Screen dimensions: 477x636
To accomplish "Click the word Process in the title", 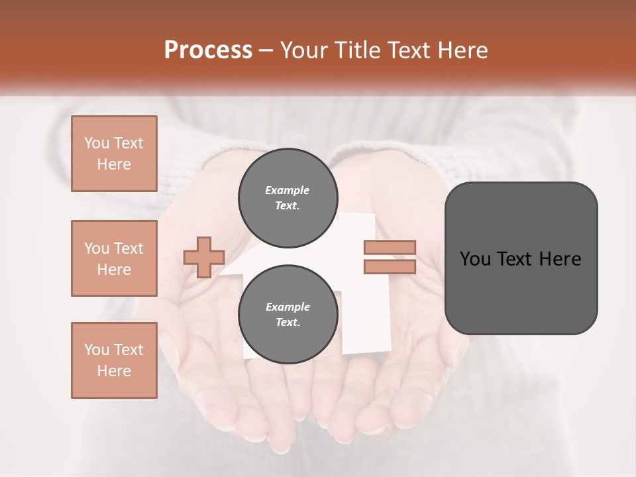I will [208, 50].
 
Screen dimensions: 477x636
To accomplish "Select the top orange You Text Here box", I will [114, 154].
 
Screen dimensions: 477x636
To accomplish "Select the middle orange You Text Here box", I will [114, 258].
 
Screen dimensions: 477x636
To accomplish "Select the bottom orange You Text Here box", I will [114, 360].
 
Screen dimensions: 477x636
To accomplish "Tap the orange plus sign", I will [204, 257].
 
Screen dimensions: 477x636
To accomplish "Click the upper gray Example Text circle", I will [288, 198].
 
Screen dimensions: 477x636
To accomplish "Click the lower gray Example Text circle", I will [288, 315].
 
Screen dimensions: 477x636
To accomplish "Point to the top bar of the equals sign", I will [390, 248].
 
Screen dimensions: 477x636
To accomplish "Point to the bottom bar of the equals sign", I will [390, 266].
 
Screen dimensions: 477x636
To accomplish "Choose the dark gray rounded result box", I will [521, 291].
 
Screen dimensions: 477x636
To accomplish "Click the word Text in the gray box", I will [515, 259].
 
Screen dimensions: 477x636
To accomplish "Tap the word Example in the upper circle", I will [288, 191].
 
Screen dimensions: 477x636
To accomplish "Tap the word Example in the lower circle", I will [288, 307].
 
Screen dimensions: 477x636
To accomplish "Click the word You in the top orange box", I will [97, 143].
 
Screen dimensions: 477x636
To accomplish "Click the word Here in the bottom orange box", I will [114, 371].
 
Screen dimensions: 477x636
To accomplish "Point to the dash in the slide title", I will [266, 50].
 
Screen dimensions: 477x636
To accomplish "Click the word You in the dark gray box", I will [474, 259].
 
